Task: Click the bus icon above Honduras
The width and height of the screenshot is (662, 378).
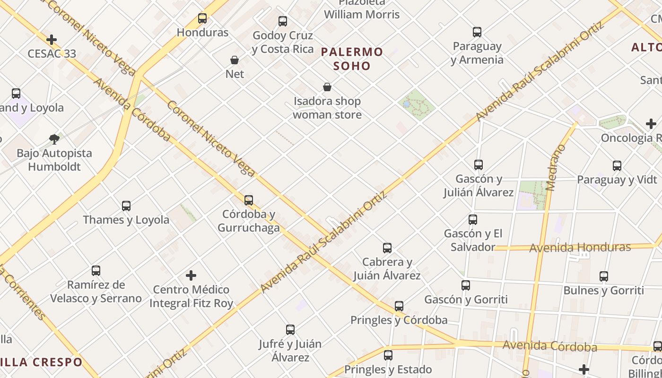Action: coord(202,18)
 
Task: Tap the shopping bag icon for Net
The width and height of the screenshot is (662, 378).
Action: coord(234,60)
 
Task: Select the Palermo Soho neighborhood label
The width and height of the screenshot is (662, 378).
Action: coord(352,59)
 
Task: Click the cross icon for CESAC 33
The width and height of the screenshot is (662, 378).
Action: coord(52,40)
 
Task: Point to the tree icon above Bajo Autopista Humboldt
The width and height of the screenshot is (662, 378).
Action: coord(54,139)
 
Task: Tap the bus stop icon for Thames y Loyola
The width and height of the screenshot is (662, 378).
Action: coord(126,206)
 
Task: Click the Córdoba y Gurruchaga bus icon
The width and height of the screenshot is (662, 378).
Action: coord(249,200)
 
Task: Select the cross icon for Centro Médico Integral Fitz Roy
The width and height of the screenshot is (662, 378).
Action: coord(191,275)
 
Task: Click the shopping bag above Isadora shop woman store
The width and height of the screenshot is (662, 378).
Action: coord(327,87)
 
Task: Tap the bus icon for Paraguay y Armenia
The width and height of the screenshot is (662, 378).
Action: coord(477,32)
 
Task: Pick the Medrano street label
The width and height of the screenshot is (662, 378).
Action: coord(556,167)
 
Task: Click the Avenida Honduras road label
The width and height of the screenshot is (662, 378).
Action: coord(580,248)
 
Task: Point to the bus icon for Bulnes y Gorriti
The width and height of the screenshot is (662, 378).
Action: coord(604,276)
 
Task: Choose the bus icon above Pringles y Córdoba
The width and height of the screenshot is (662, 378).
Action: coord(399,306)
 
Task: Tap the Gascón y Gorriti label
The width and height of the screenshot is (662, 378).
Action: coord(466,300)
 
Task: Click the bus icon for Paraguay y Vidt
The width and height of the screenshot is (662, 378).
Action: coord(617,166)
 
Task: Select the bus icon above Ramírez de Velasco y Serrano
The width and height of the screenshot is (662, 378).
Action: coord(96,271)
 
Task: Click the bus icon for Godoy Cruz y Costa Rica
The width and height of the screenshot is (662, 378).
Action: coord(283,21)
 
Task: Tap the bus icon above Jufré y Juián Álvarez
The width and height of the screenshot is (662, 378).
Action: coord(290,330)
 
